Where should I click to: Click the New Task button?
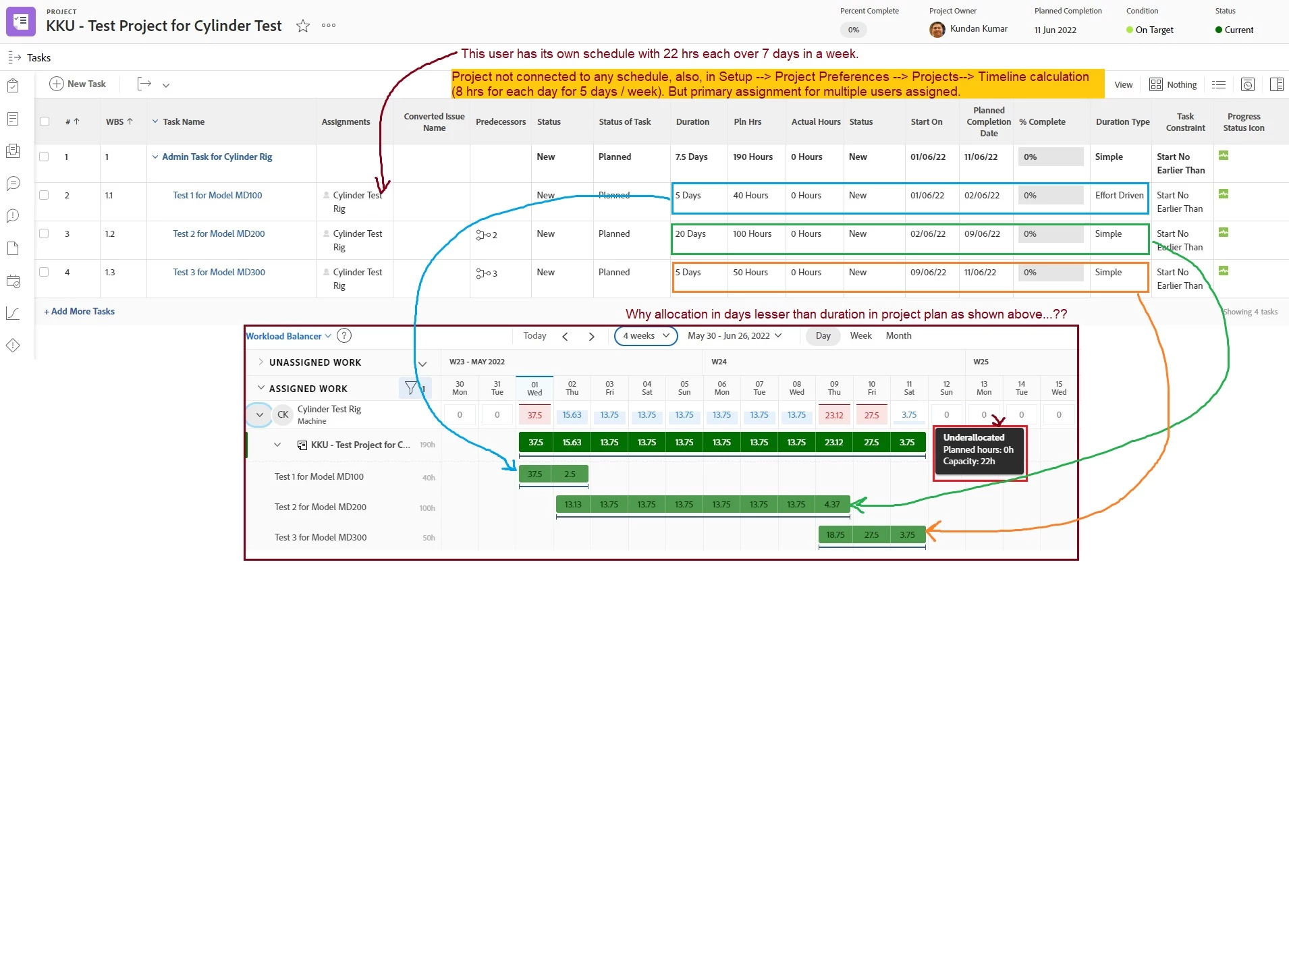click(78, 84)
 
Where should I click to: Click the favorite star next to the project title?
click(303, 26)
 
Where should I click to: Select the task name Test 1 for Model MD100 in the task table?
click(217, 195)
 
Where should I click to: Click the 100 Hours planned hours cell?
click(752, 233)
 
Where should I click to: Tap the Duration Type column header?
click(1122, 121)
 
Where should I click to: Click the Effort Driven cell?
click(1119, 195)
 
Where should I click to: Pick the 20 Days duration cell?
click(690, 233)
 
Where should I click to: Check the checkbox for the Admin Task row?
click(44, 157)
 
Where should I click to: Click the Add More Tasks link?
click(80, 311)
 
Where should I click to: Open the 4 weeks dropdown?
click(646, 335)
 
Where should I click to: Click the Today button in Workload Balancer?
click(534, 335)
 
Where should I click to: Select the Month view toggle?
click(898, 335)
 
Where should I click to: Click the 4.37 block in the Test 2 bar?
click(832, 504)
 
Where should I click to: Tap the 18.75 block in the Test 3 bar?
click(835, 534)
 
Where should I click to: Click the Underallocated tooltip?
click(979, 449)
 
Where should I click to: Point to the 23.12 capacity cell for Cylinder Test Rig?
click(834, 415)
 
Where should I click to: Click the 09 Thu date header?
click(834, 388)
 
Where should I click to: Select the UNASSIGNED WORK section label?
click(315, 362)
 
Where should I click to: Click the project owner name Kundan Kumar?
click(979, 28)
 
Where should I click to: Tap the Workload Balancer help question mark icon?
click(344, 335)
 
